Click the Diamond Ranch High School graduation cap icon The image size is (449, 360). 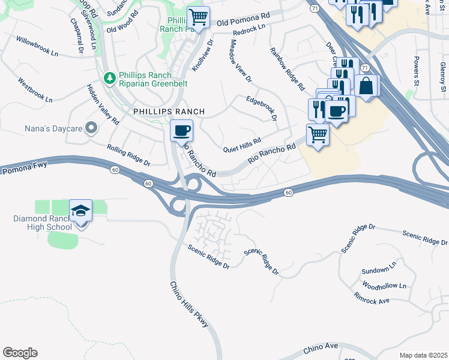[80, 211]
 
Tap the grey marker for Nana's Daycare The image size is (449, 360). [91, 127]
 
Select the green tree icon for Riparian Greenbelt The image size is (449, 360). [109, 78]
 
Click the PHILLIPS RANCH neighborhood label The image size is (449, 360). [169, 112]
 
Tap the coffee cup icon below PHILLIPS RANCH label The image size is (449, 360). [181, 130]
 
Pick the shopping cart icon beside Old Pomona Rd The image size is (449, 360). [198, 16]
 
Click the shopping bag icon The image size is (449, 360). [366, 86]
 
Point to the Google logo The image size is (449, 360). [20, 353]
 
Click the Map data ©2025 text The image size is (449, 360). [423, 355]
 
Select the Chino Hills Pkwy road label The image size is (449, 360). [189, 304]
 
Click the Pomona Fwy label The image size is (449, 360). [21, 170]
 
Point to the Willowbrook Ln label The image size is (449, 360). [37, 46]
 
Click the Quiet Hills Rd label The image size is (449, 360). [242, 145]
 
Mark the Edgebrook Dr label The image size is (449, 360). [261, 107]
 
